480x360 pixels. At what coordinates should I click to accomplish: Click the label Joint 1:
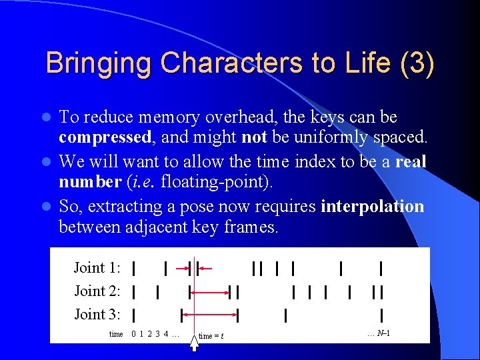coord(97,268)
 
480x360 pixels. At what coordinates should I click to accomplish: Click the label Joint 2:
coord(97,291)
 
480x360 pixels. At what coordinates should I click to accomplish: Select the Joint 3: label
coord(97,315)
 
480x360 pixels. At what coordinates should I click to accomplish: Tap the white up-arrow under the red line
coord(194,343)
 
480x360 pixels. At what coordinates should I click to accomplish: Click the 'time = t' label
coord(211,335)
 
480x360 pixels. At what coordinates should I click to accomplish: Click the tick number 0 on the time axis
coord(134,334)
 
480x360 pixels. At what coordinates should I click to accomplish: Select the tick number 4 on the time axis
coord(165,334)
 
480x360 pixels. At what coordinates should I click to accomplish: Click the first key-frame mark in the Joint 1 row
coord(135,268)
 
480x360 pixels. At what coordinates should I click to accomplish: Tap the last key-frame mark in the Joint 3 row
coord(381,315)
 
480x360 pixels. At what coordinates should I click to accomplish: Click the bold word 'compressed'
coord(105,137)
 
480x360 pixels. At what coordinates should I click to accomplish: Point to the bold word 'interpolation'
coord(372,206)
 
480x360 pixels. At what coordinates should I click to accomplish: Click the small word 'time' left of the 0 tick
coord(116,334)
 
